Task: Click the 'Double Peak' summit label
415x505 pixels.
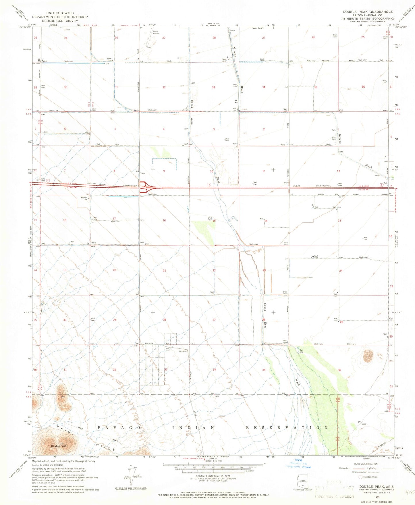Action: pyautogui.click(x=59, y=446)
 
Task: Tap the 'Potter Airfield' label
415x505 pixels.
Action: pyautogui.click(x=156, y=32)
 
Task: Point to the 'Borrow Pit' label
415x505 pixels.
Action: pyautogui.click(x=84, y=198)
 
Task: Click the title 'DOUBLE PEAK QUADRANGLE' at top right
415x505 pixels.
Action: pyautogui.click(x=368, y=12)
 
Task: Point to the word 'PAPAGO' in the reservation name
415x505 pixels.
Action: pyautogui.click(x=119, y=427)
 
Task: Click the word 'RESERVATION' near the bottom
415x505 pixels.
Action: pyautogui.click(x=287, y=427)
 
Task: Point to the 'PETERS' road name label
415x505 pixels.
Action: pyautogui.click(x=325, y=61)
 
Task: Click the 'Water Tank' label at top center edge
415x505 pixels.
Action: pyautogui.click(x=257, y=28)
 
